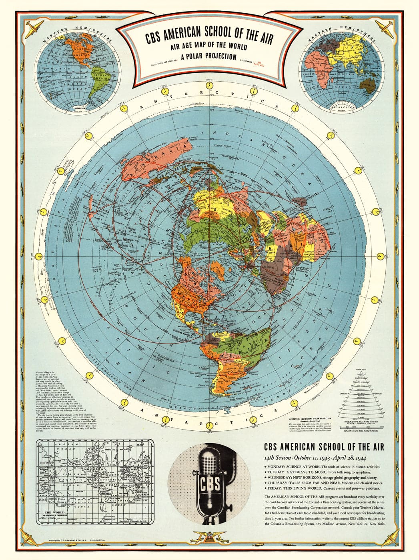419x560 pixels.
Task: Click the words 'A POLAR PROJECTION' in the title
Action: click(x=208, y=56)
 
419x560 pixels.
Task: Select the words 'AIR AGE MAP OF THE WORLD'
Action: click(x=208, y=47)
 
